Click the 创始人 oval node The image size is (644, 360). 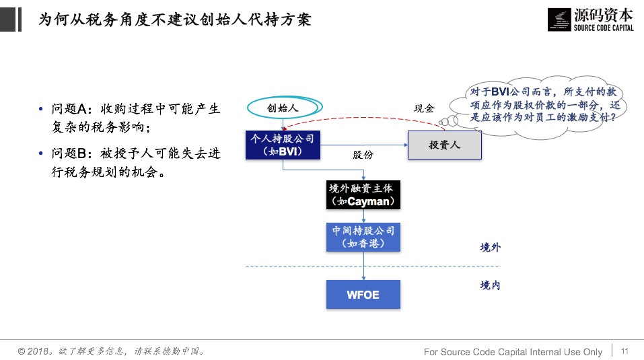(x=282, y=108)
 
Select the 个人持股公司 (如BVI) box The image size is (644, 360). (x=283, y=145)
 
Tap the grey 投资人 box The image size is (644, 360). (x=444, y=145)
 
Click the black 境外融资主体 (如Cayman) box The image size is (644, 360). (x=363, y=195)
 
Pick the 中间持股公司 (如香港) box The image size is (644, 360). (x=363, y=237)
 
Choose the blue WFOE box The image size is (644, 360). (x=363, y=295)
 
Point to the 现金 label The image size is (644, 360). (x=424, y=108)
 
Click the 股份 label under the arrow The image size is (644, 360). (x=363, y=155)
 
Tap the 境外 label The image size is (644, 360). (x=490, y=248)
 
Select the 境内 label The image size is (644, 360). (x=490, y=286)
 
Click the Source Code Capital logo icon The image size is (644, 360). (x=559, y=19)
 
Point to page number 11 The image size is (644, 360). (x=624, y=351)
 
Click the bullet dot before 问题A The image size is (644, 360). (x=42, y=109)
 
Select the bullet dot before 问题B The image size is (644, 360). (x=42, y=154)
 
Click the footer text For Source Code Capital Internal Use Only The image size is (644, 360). (x=513, y=352)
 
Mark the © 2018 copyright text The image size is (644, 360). (x=111, y=351)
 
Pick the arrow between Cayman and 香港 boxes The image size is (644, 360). (x=363, y=215)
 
